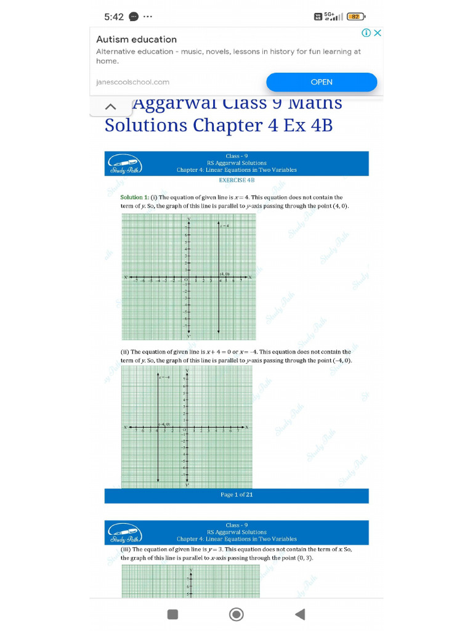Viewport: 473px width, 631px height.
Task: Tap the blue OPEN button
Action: [x=321, y=82]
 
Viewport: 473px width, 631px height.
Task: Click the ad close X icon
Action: [x=378, y=33]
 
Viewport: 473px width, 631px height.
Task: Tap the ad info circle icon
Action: [x=366, y=33]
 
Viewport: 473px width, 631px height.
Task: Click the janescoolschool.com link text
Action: [x=132, y=82]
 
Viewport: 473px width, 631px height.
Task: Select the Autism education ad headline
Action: [x=136, y=39]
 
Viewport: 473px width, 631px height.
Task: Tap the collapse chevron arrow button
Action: [x=110, y=107]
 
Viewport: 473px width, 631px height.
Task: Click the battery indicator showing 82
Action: [x=355, y=17]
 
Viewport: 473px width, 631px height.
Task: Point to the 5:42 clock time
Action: [x=114, y=17]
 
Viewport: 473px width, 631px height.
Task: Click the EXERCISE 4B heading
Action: [x=236, y=180]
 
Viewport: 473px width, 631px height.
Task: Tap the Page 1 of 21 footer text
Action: [x=236, y=495]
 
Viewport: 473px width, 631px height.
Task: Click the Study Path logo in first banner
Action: [x=125, y=164]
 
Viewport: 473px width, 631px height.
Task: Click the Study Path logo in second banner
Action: [x=125, y=532]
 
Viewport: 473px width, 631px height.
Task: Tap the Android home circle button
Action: [x=236, y=614]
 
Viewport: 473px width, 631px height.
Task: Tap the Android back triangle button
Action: [x=299, y=614]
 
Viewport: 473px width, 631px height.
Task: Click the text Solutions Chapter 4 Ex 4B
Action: [x=219, y=125]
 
